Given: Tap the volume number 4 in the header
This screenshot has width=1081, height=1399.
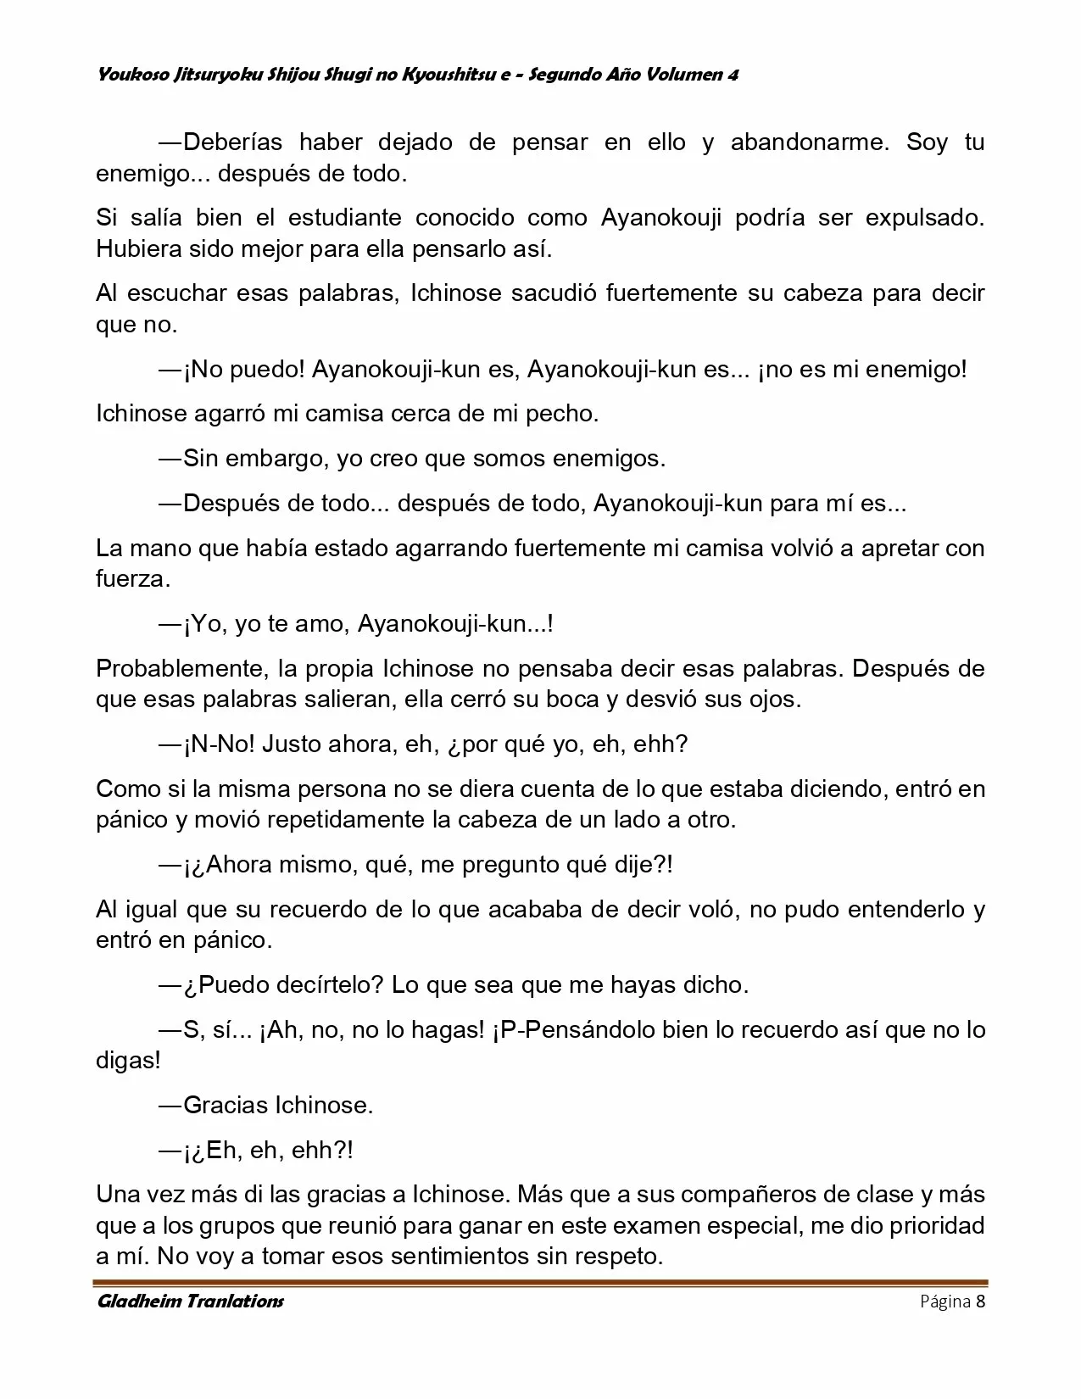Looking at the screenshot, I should (x=732, y=75).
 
